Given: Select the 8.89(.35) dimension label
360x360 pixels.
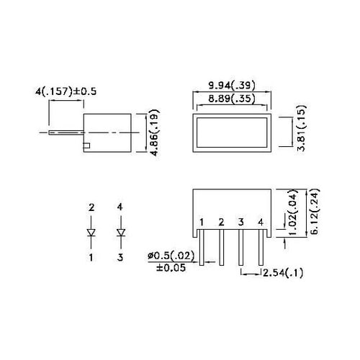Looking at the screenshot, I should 232,100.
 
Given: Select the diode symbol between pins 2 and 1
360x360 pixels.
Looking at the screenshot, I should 91,233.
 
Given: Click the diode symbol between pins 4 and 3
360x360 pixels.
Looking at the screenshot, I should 120,233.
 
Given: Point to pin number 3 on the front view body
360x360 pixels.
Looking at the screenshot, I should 241,222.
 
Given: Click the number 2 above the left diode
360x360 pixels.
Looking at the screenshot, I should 91,208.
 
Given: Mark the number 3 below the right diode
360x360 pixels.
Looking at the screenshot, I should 120,256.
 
